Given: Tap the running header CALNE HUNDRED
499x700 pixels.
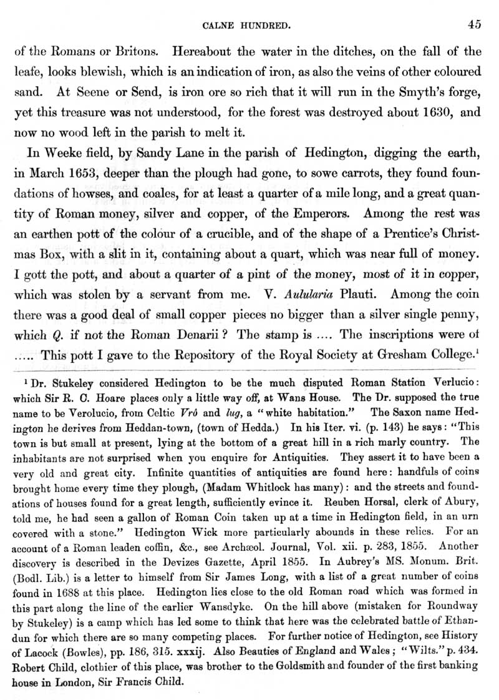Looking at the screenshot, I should coord(249,26).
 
